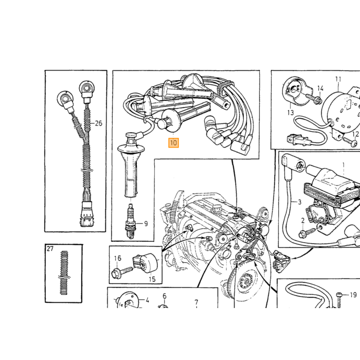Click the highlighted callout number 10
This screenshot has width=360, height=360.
click(174, 143)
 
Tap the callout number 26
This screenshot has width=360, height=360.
click(99, 123)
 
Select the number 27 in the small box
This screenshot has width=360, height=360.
click(50, 248)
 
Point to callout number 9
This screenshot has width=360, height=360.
click(146, 223)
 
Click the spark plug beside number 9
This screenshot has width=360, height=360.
click(131, 222)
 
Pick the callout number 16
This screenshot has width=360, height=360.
click(118, 258)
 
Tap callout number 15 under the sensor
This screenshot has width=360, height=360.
click(152, 279)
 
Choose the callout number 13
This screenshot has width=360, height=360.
click(291, 113)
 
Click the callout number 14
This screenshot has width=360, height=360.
click(320, 88)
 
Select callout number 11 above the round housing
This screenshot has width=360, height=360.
click(338, 79)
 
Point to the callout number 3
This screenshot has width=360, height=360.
click(300, 202)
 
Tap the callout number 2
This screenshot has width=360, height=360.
click(302, 221)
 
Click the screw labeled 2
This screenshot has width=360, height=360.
click(309, 232)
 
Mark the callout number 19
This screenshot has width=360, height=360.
click(353, 295)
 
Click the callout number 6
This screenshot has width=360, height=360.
click(165, 296)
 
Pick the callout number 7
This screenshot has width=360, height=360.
click(196, 302)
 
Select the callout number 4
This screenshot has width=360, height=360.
click(147, 300)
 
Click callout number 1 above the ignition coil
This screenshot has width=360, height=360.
click(344, 165)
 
